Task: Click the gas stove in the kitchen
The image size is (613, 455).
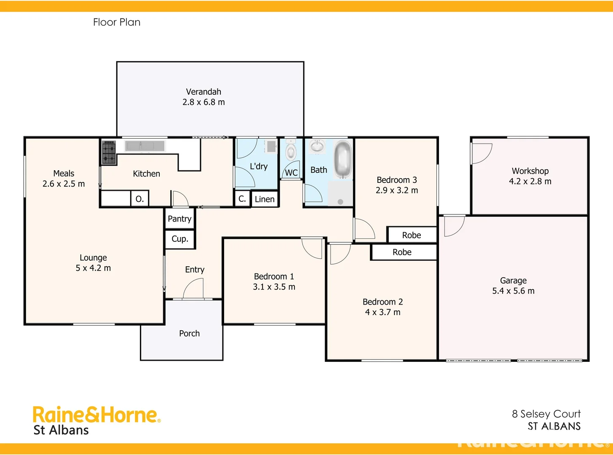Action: coord(109,153)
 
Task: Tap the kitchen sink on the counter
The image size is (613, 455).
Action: coord(145,146)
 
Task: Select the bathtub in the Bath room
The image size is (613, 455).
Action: coord(343,160)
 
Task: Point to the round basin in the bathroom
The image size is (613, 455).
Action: coord(317,147)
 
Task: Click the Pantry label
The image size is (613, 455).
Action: coord(179,219)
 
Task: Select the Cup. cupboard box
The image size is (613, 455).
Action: coord(180,239)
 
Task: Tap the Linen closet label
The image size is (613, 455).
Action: coord(265,199)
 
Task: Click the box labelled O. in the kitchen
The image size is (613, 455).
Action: coord(139,199)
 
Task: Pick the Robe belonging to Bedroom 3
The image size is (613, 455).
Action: coord(412,235)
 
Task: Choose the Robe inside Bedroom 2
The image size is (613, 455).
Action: coord(402,252)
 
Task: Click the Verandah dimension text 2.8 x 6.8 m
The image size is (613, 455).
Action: coord(203,102)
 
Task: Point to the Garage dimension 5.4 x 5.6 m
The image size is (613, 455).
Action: coord(513,291)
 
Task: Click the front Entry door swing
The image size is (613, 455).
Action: coord(194,289)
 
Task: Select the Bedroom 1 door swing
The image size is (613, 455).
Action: coord(312,248)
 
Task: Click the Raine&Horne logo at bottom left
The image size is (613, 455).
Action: coord(96,415)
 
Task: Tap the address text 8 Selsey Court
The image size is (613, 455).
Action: coord(546,414)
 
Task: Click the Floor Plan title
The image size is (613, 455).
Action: coord(117,22)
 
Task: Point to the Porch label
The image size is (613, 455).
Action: coord(189,334)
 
